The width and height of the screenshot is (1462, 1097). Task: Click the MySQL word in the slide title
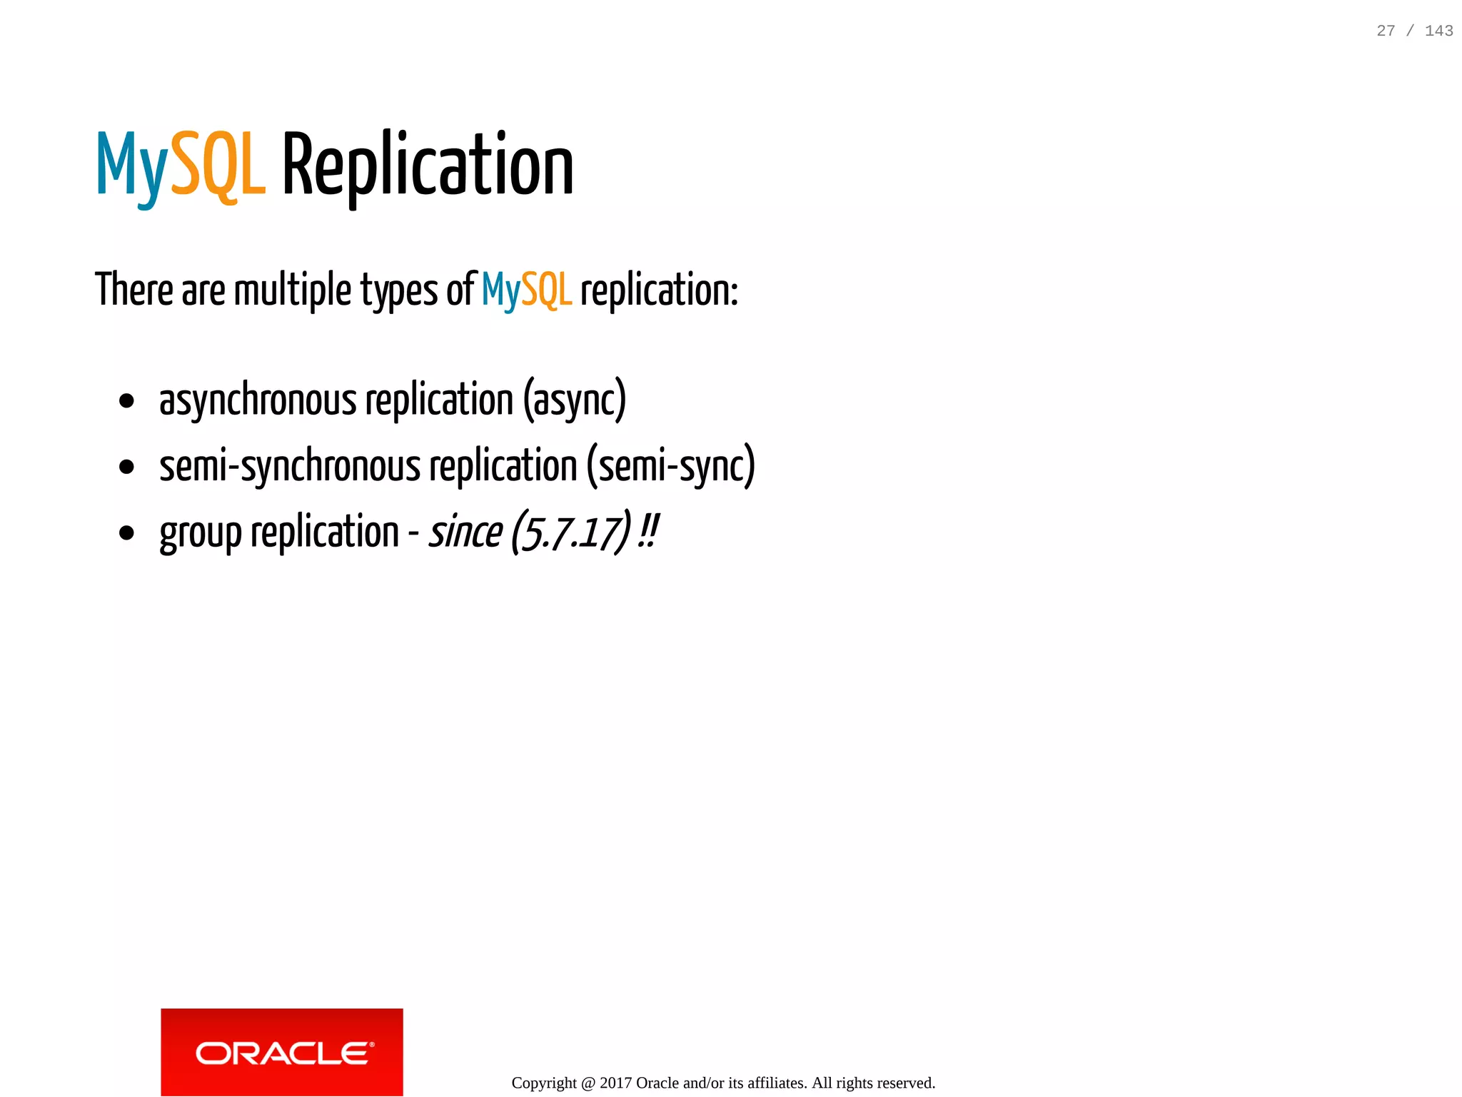click(181, 166)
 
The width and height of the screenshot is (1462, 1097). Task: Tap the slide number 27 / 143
click(1414, 31)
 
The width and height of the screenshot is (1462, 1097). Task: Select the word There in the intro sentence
click(134, 290)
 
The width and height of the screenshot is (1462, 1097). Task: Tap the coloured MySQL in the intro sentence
click(527, 290)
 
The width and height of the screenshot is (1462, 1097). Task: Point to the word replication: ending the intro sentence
click(659, 291)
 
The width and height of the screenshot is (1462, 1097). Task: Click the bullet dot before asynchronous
click(127, 400)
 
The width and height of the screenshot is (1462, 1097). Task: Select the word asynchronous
click(257, 400)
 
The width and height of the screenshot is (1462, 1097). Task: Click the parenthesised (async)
click(575, 400)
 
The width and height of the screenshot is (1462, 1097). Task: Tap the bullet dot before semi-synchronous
click(127, 467)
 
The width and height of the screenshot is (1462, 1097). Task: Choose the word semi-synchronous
click(289, 466)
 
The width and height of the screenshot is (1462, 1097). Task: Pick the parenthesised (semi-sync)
click(670, 466)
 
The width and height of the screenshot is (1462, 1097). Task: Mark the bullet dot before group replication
click(127, 532)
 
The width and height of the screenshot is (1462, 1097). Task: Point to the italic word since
click(465, 532)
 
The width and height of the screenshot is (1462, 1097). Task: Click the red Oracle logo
click(282, 1051)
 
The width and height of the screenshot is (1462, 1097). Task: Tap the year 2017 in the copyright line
click(615, 1083)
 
